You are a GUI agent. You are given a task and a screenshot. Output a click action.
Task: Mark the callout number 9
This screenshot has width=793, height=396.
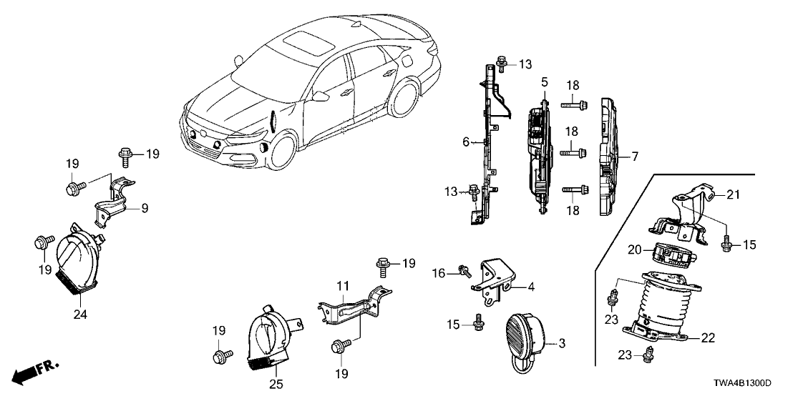click(144, 209)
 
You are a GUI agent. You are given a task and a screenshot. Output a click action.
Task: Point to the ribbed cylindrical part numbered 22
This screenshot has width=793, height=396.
click(662, 308)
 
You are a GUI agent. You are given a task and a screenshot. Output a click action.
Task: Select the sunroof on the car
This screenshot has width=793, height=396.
click(306, 42)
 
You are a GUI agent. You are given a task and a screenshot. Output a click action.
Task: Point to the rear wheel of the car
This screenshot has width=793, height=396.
click(404, 96)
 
